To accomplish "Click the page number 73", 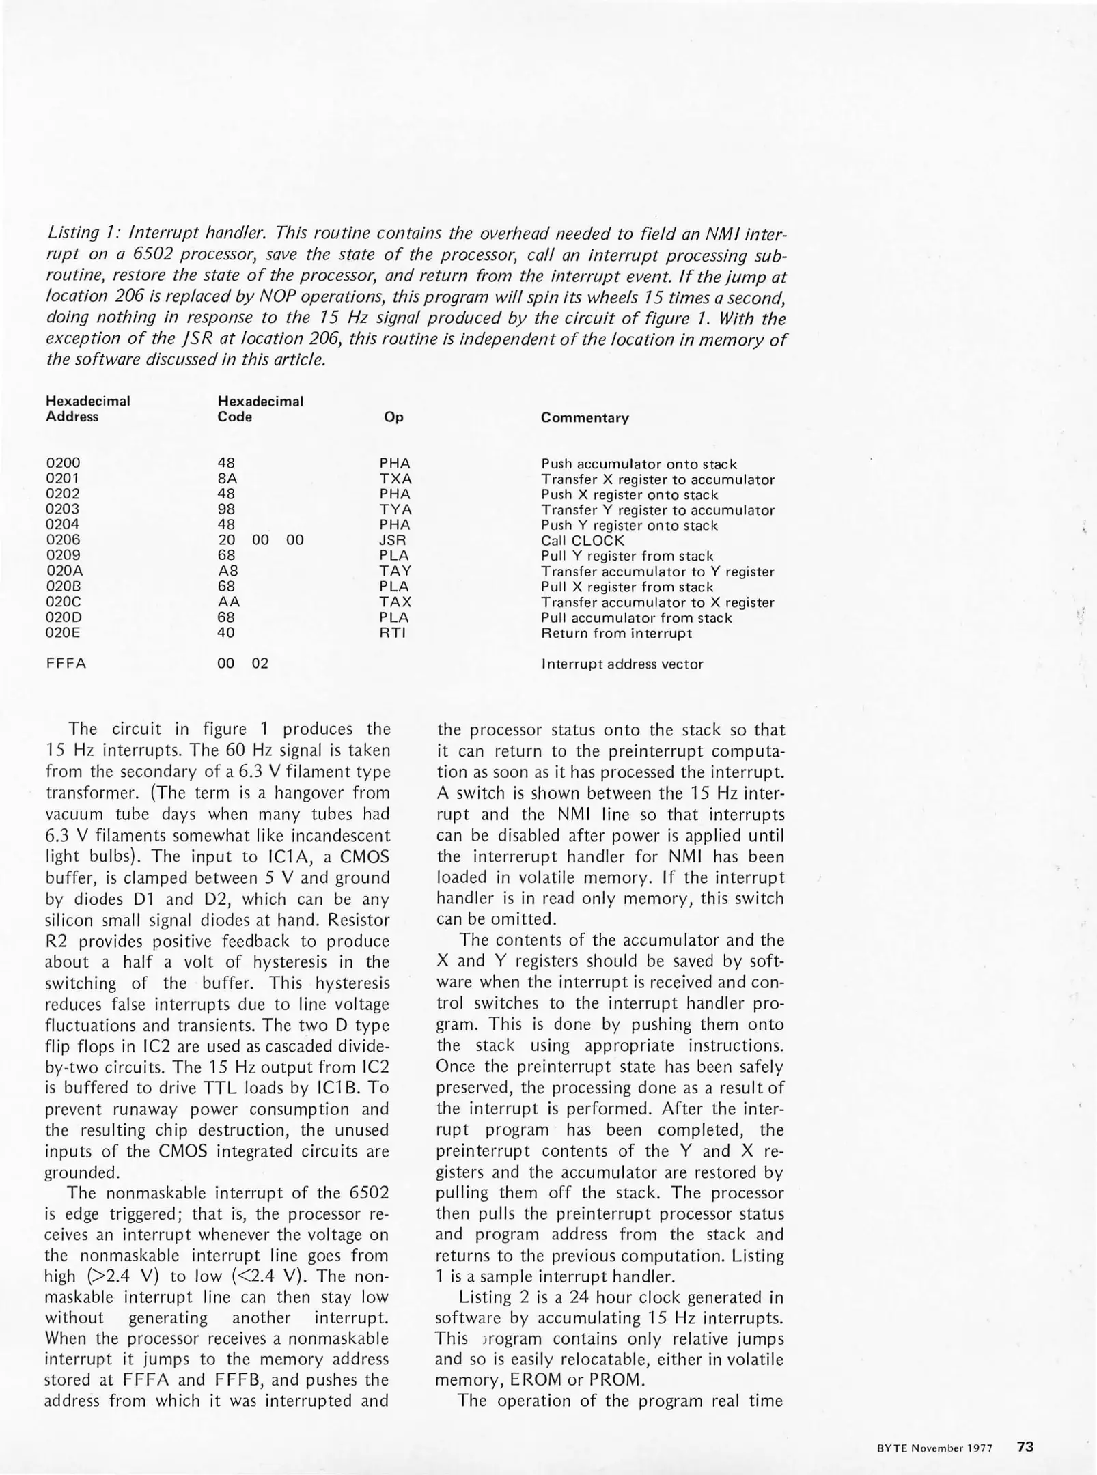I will click(1025, 1446).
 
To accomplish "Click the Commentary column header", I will click(585, 418).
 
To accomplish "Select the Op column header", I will click(393, 417).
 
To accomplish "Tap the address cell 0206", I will click(63, 540).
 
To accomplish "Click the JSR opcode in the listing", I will click(393, 540).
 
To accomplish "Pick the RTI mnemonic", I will click(393, 633).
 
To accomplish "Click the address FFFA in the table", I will click(66, 664).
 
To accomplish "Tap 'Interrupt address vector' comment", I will click(622, 664).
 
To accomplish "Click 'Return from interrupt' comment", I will click(616, 634).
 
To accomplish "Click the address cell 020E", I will click(63, 633).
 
